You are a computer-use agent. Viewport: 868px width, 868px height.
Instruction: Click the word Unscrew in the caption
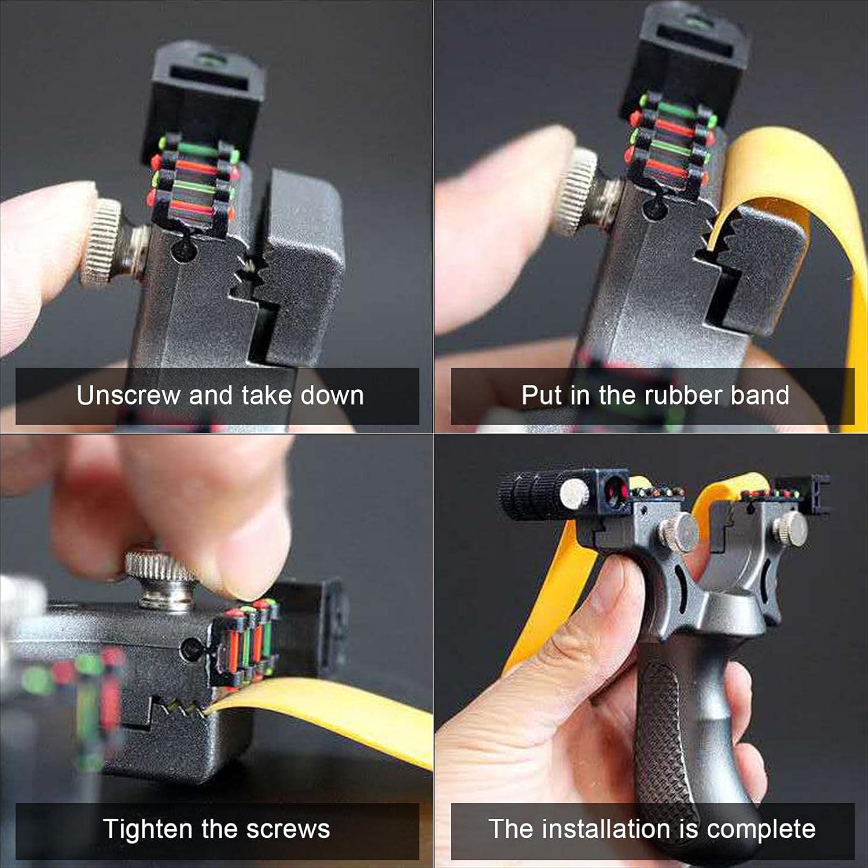tap(128, 395)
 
